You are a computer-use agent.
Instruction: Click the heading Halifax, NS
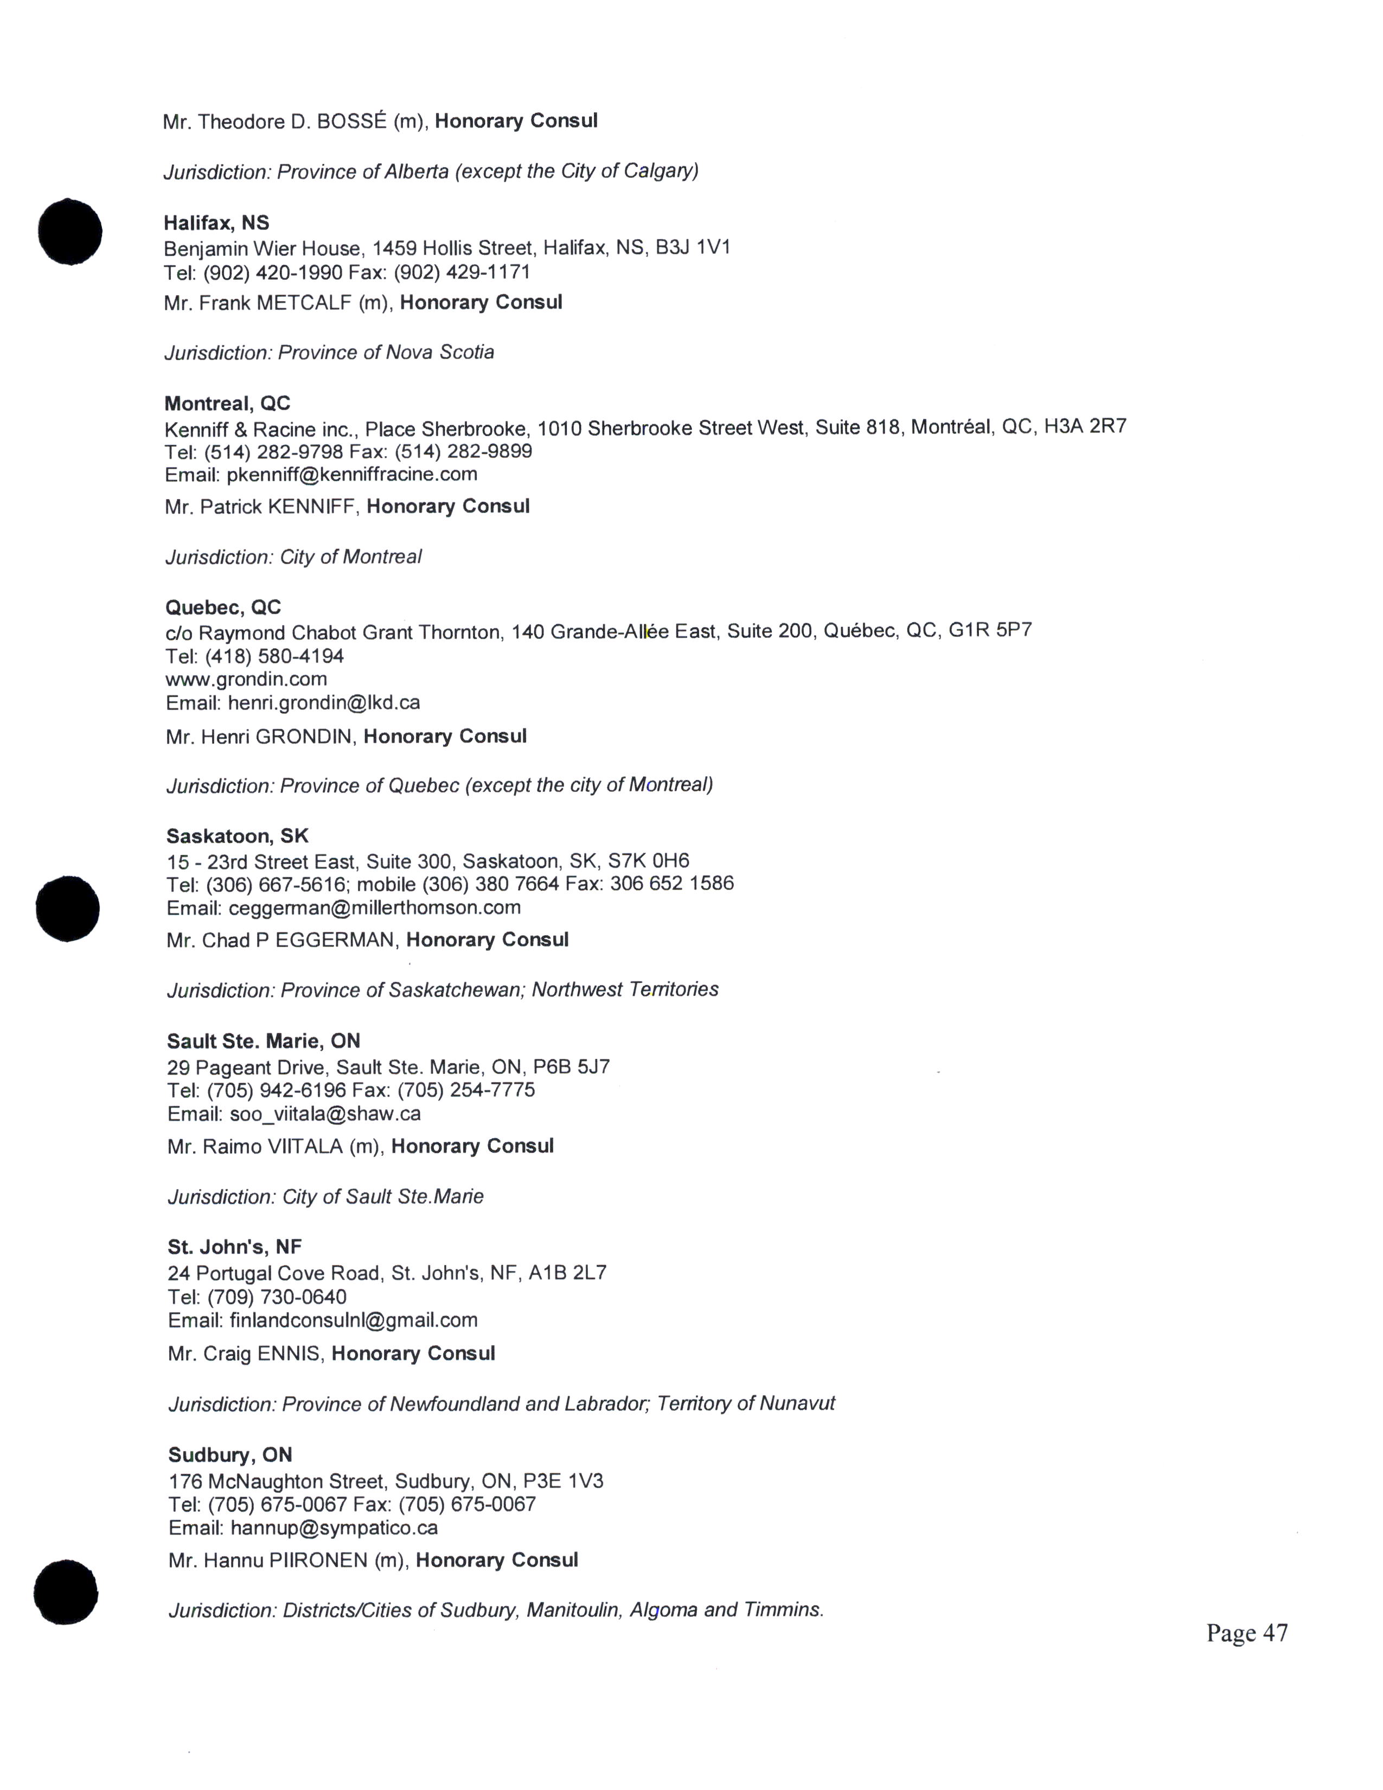point(216,223)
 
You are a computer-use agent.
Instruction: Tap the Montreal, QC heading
point(227,403)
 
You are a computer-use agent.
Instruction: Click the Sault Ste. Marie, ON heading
point(263,1041)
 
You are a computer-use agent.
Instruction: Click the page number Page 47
point(1246,1633)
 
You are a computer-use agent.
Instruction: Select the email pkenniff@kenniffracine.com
point(353,475)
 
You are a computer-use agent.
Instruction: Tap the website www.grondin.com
point(246,680)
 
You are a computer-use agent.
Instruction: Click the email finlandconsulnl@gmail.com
point(353,1320)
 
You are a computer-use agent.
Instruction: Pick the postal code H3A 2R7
point(1085,426)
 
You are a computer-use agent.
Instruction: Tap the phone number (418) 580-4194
point(274,656)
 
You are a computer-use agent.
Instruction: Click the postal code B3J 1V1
point(693,247)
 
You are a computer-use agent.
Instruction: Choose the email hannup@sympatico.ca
point(334,1527)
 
